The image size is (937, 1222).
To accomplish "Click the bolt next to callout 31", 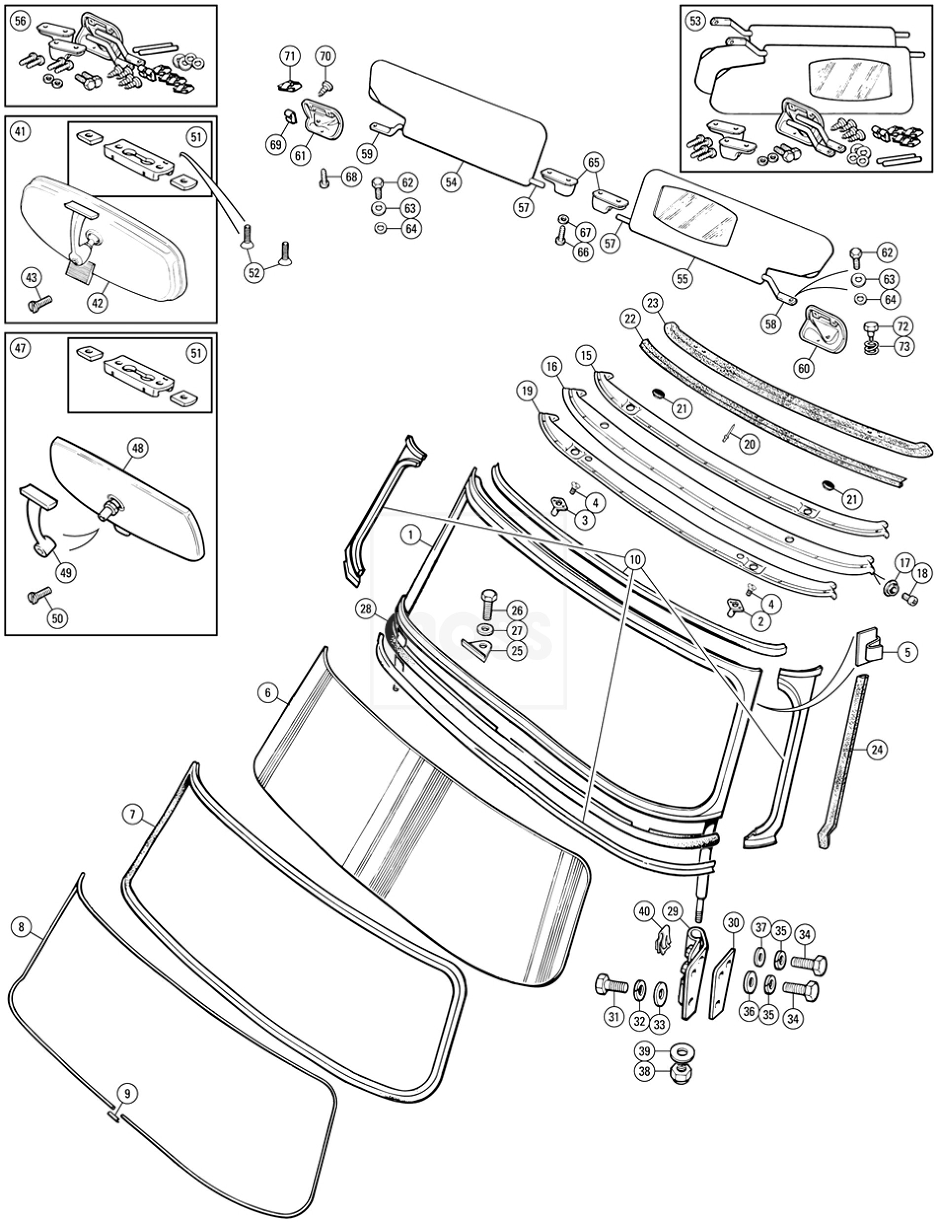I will [x=611, y=985].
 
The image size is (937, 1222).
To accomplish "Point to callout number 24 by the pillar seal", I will [x=877, y=750].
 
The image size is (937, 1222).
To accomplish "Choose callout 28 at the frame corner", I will [x=365, y=610].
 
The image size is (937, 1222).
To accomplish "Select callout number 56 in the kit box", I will [x=20, y=21].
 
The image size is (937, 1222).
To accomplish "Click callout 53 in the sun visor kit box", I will [x=695, y=21].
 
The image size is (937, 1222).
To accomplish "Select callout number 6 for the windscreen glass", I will [x=268, y=693].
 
